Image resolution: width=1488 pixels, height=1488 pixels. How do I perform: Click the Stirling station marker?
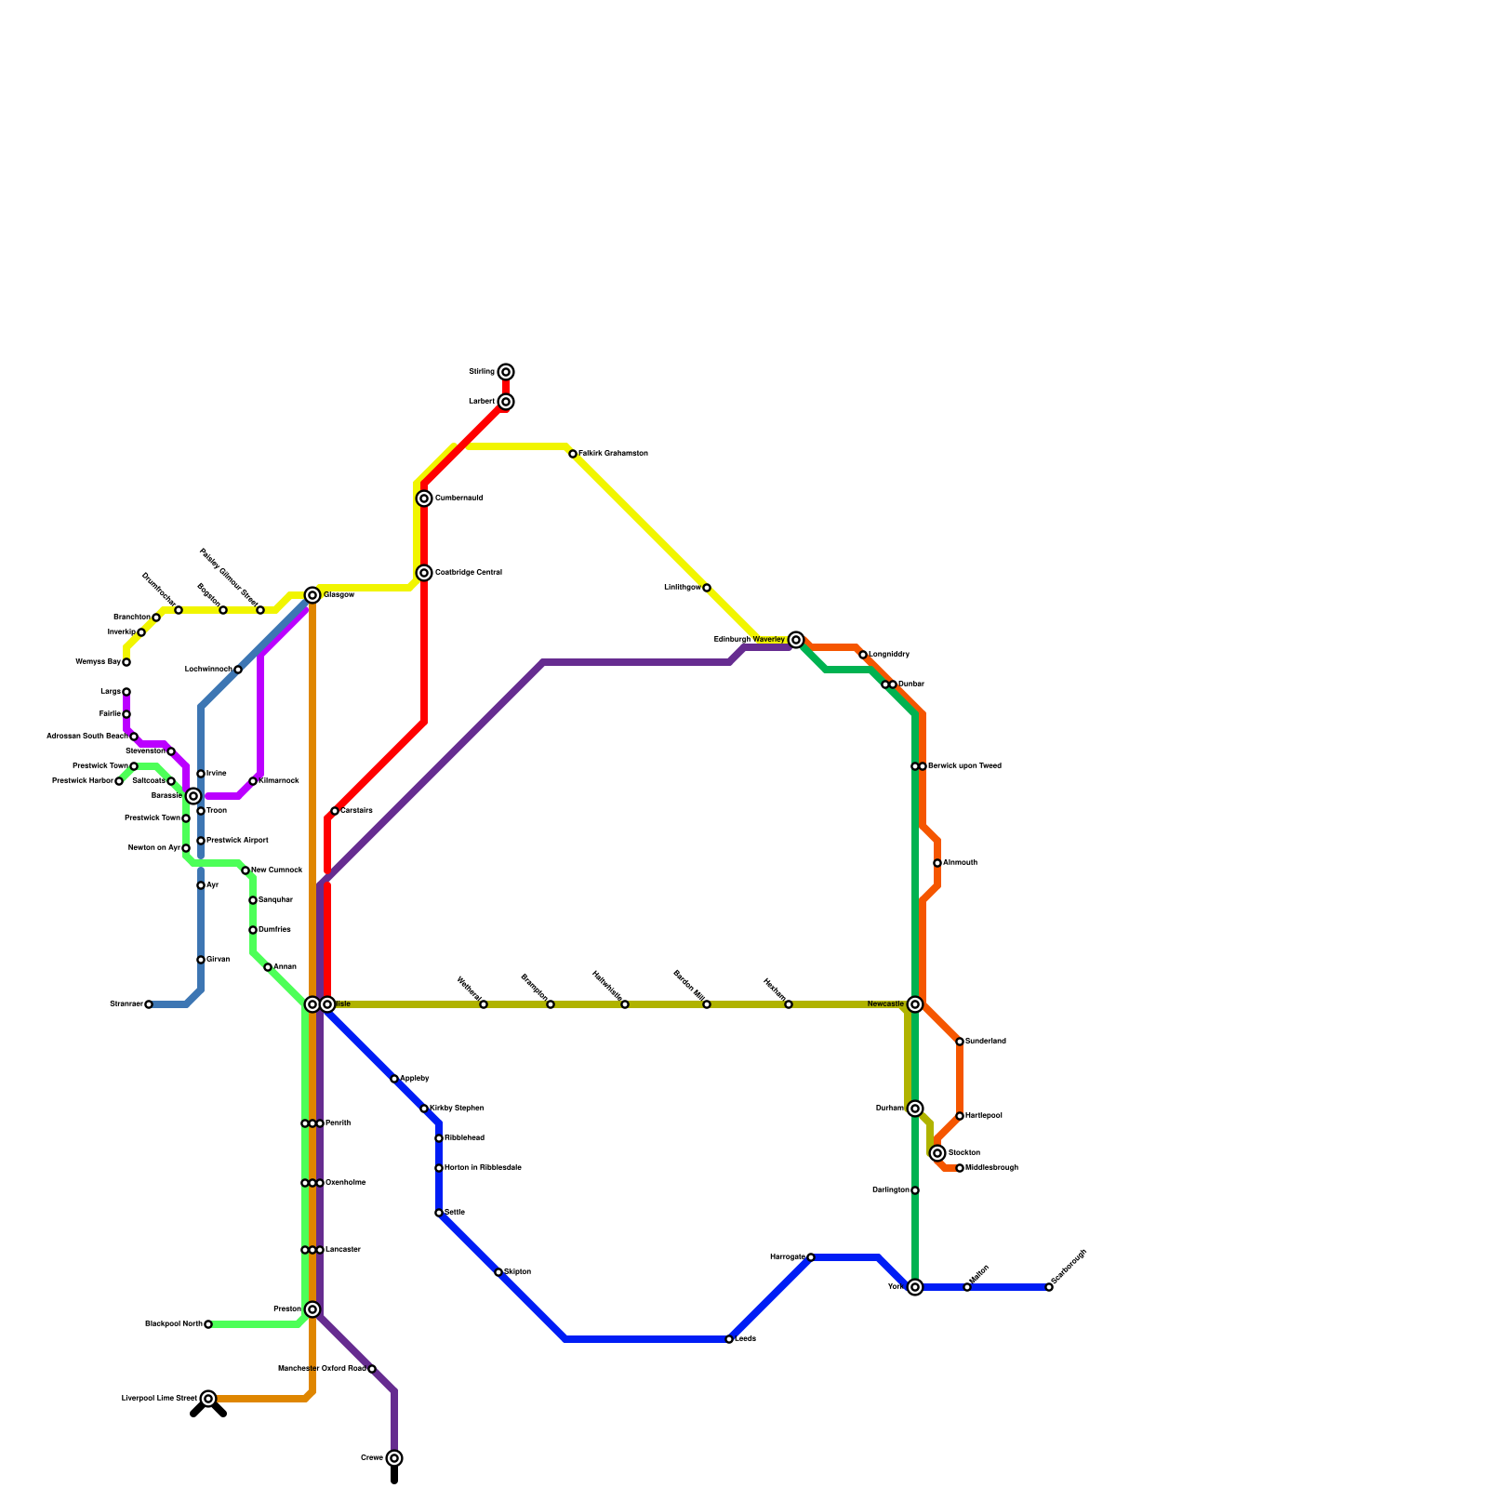click(x=506, y=372)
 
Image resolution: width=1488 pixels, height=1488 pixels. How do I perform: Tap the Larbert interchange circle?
click(x=506, y=402)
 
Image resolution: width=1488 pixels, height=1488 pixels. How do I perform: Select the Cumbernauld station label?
click(x=459, y=498)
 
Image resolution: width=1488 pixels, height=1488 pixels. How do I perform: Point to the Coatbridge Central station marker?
click(x=424, y=573)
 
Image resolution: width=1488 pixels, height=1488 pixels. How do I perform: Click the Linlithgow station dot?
click(x=707, y=588)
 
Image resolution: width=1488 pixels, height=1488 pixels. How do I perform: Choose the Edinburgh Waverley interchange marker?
click(x=796, y=640)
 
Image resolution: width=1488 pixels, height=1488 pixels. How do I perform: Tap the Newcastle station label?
click(x=885, y=1004)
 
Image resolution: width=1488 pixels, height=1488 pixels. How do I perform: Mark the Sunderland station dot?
click(x=960, y=1042)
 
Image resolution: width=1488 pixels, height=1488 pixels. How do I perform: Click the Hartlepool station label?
click(x=984, y=1116)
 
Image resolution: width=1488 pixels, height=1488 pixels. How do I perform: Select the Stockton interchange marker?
click(x=937, y=1153)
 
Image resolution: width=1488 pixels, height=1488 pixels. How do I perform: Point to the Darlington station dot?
click(x=915, y=1190)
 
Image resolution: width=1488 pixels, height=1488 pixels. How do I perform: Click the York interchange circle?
click(x=915, y=1287)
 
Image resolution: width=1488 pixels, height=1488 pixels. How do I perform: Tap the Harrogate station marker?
click(x=811, y=1257)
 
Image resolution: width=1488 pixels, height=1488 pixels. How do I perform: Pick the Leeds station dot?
click(x=729, y=1339)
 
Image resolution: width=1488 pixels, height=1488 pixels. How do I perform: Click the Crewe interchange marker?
click(x=394, y=1458)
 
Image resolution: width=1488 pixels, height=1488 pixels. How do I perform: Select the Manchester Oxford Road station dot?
click(x=372, y=1369)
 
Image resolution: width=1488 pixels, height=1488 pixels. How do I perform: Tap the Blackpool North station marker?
click(x=208, y=1324)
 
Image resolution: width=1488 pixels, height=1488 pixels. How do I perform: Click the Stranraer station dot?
click(x=149, y=1004)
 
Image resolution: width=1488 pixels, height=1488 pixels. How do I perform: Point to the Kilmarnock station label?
click(x=279, y=781)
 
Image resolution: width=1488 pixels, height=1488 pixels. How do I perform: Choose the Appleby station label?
click(x=415, y=1079)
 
